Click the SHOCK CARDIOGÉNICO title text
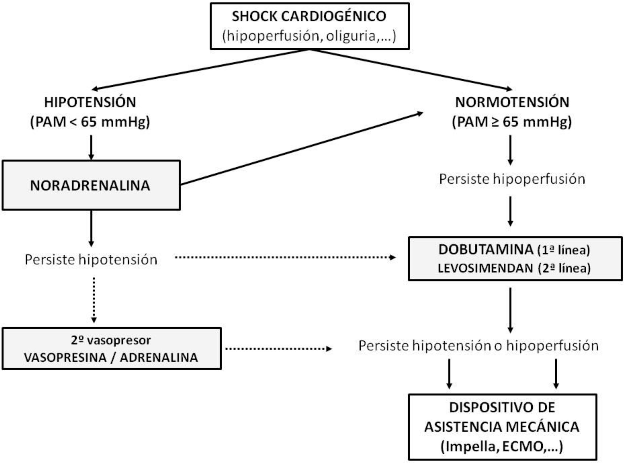[x=309, y=16]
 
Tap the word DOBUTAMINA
[x=486, y=250]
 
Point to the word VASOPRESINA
[x=65, y=358]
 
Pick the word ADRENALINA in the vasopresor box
[x=159, y=358]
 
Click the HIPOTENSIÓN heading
[x=90, y=102]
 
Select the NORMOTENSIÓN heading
[x=512, y=102]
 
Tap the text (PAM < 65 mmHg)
[x=90, y=122]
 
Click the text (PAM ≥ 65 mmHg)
[x=512, y=122]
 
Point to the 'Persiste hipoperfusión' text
[x=512, y=179]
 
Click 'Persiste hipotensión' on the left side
[x=91, y=260]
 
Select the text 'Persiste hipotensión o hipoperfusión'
[x=478, y=346]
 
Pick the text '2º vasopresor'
[x=111, y=341]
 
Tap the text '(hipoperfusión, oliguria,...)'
[x=309, y=36]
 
